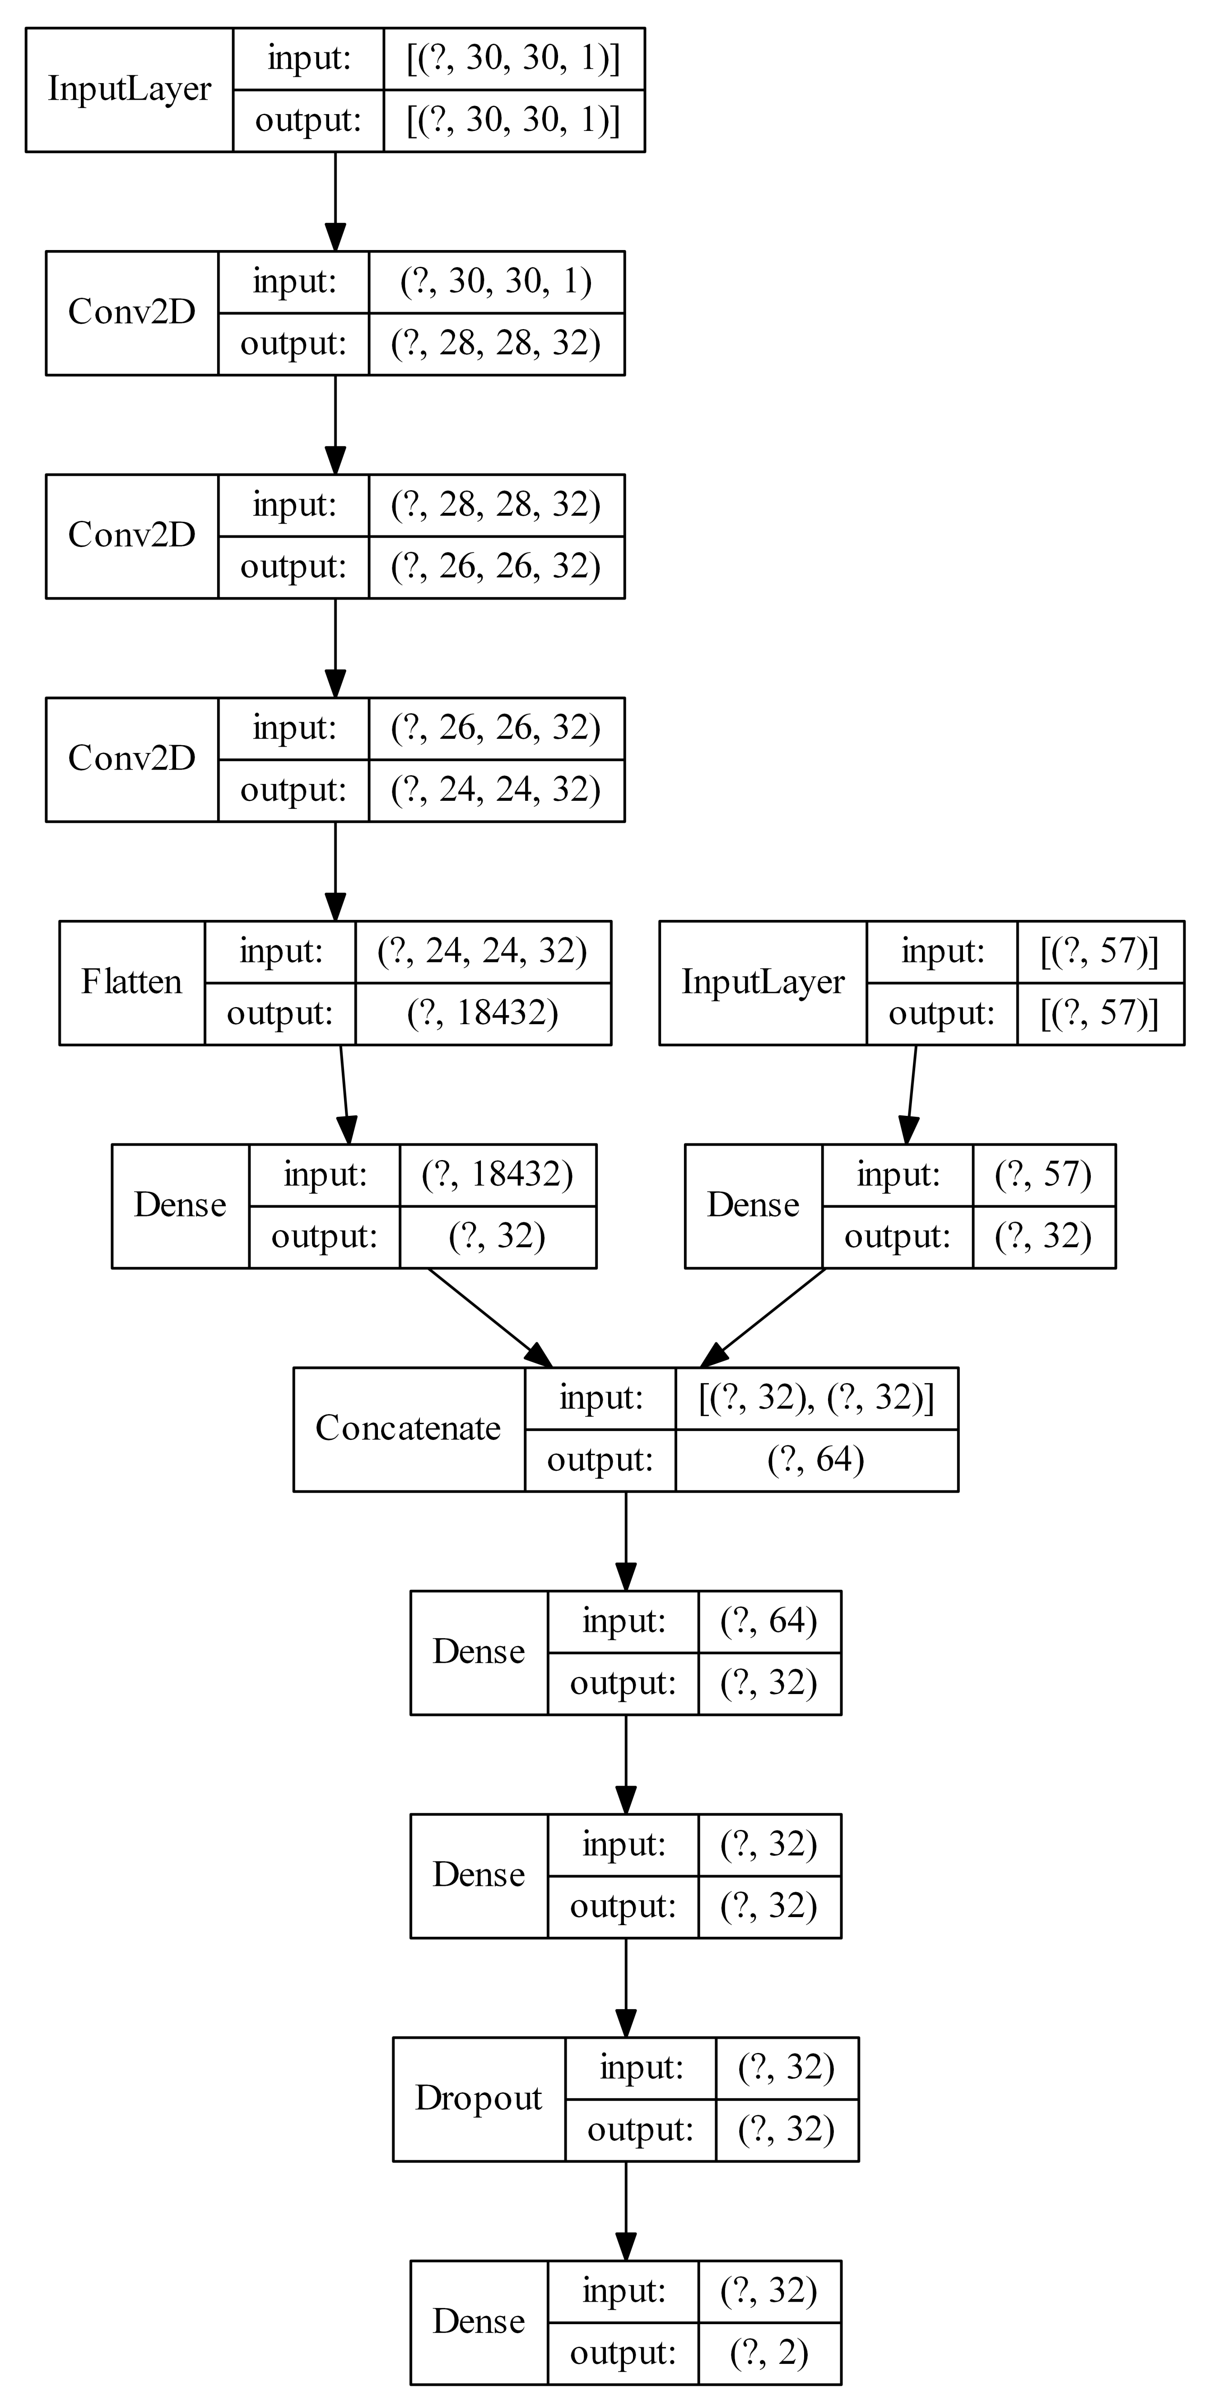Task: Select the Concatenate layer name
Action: point(408,1429)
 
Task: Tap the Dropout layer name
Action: point(478,2098)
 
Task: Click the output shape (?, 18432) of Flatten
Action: point(483,1013)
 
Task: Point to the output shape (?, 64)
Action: point(815,1459)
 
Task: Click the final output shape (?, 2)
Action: point(768,2353)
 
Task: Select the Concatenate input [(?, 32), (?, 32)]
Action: point(815,1397)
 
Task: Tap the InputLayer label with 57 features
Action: point(763,982)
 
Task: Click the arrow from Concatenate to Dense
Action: point(625,1541)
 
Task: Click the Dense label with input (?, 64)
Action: point(478,1652)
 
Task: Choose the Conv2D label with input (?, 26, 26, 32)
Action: point(132,758)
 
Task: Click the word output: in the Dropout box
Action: point(641,2130)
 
